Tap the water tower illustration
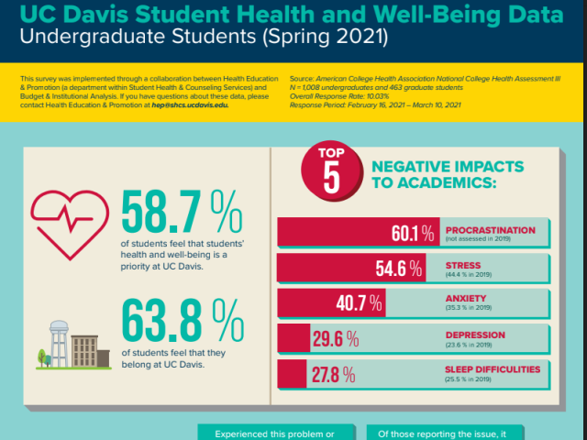tap(59, 340)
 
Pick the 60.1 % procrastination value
tap(411, 233)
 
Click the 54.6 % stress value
tap(399, 269)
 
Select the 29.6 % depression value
tap(334, 340)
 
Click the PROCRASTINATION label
tap(490, 229)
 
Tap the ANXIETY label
tap(467, 299)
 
